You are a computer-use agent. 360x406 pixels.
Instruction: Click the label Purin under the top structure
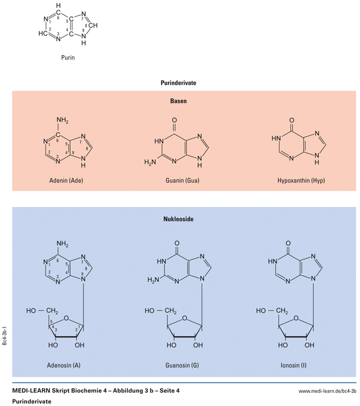click(x=68, y=59)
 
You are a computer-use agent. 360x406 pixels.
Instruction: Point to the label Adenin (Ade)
click(x=67, y=180)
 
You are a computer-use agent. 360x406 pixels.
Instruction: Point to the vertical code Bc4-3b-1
click(x=5, y=336)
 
